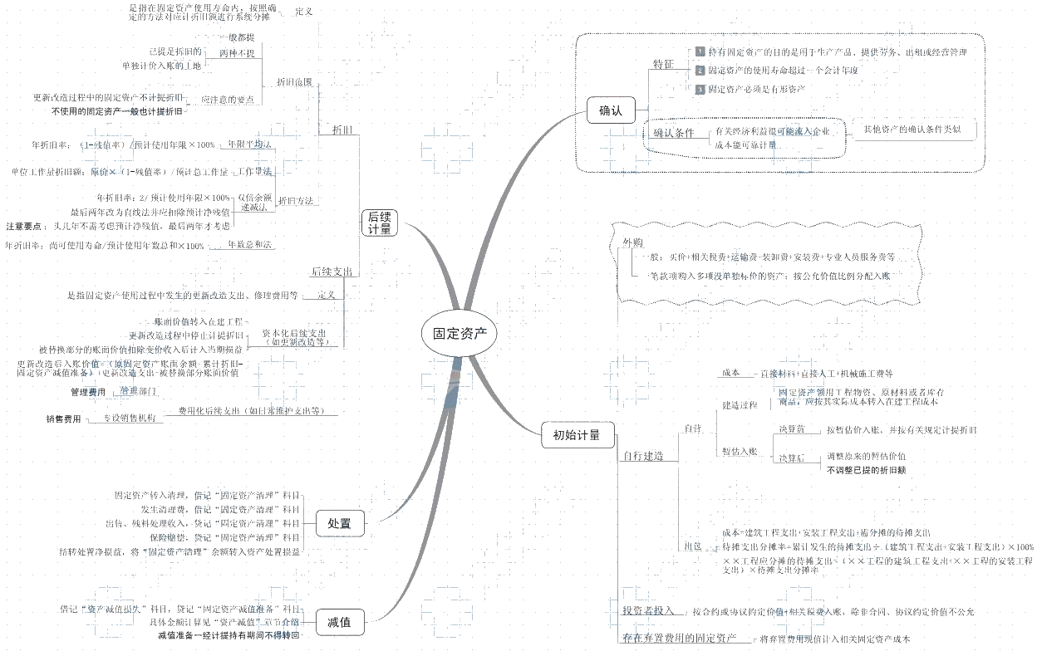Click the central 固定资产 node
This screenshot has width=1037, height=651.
pyautogui.click(x=460, y=334)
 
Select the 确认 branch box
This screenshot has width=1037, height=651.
pyautogui.click(x=611, y=110)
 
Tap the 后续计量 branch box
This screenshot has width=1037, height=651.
pyautogui.click(x=380, y=223)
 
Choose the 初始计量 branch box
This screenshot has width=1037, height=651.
pyautogui.click(x=577, y=434)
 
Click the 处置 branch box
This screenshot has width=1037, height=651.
pyautogui.click(x=339, y=523)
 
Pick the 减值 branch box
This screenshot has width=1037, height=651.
pyautogui.click(x=339, y=621)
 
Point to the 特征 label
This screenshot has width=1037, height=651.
pyautogui.click(x=663, y=64)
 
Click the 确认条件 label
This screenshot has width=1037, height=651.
pyautogui.click(x=673, y=133)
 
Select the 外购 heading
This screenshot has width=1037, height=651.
pyautogui.click(x=633, y=242)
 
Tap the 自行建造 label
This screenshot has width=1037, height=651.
pyautogui.click(x=643, y=456)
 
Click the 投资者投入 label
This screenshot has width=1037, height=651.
pyautogui.click(x=648, y=610)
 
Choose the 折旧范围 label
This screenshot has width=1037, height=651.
pyautogui.click(x=294, y=82)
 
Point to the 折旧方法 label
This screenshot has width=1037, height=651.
pyautogui.click(x=296, y=201)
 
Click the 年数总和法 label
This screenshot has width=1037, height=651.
pyautogui.click(x=250, y=245)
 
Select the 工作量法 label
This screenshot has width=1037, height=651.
pyautogui.click(x=254, y=172)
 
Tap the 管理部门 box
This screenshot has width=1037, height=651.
pyautogui.click(x=138, y=390)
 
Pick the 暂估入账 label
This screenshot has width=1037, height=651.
pyautogui.click(x=740, y=452)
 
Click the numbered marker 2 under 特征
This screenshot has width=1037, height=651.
pyautogui.click(x=700, y=71)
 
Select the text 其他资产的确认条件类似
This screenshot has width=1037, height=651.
pyautogui.click(x=912, y=130)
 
